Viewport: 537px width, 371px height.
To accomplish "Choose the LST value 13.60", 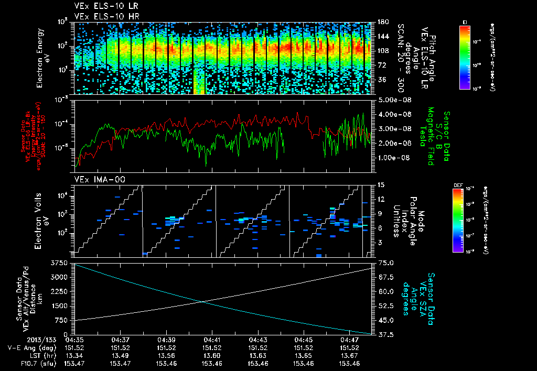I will tap(212, 355).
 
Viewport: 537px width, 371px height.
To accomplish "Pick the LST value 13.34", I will tap(76, 355).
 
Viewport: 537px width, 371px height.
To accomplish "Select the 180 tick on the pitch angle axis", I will tap(382, 22).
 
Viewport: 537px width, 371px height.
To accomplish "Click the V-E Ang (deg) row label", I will tap(35, 347).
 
